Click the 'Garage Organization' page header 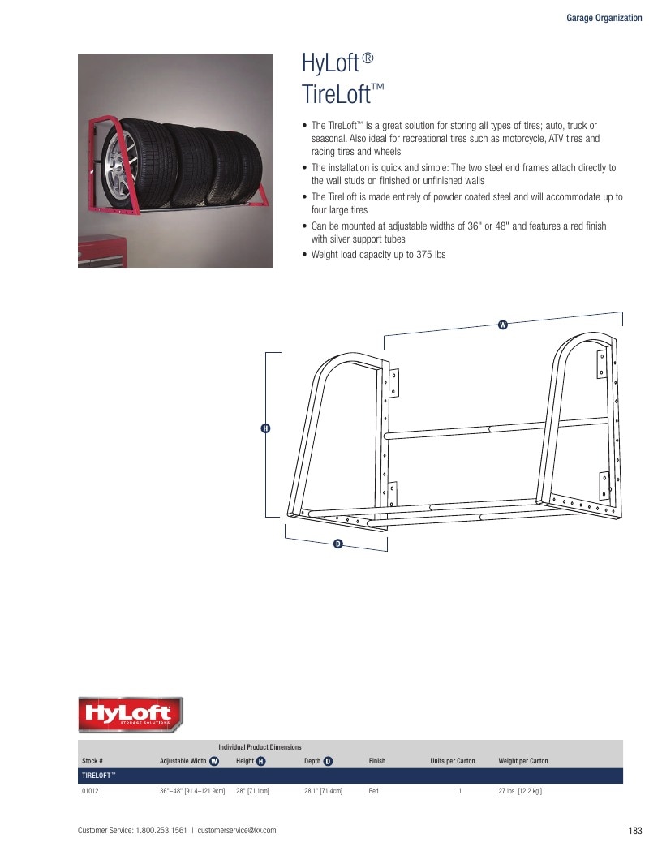(x=604, y=18)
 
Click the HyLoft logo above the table (x=130, y=715)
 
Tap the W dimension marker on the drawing (x=503, y=325)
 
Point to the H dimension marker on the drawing (x=265, y=428)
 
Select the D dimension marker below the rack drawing (x=338, y=544)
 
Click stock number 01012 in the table (x=90, y=791)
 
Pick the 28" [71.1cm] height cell (x=252, y=791)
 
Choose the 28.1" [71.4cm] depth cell (x=323, y=791)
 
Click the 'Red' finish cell (x=374, y=791)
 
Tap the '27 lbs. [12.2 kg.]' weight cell (x=520, y=791)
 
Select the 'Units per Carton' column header (x=453, y=760)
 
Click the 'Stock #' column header (x=92, y=760)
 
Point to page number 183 (x=635, y=831)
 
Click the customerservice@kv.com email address (x=237, y=830)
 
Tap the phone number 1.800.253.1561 (x=161, y=830)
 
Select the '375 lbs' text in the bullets (x=431, y=255)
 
